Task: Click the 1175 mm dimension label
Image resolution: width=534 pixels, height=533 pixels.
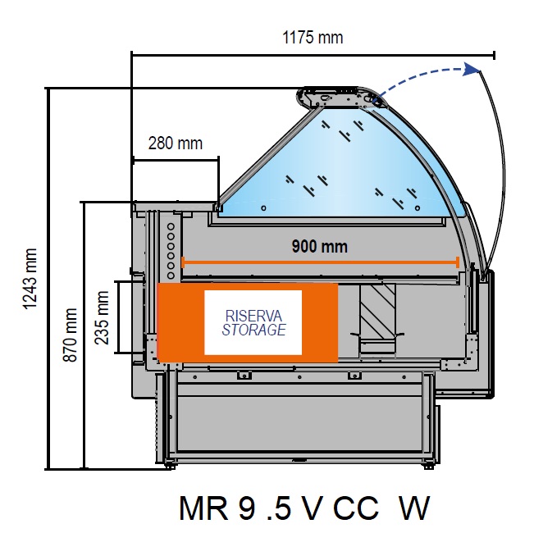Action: tap(313, 38)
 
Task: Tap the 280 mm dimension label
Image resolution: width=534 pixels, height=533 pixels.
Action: tap(175, 143)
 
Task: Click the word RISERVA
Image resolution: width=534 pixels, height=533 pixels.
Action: tap(253, 316)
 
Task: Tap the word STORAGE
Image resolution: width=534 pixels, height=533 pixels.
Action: tap(253, 330)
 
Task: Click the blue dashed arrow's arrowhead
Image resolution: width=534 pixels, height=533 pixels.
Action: tap(470, 70)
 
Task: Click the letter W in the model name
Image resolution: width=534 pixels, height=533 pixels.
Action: tap(413, 508)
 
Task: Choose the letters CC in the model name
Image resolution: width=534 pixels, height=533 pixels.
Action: tap(356, 508)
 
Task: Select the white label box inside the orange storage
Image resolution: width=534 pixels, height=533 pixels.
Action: tap(253, 322)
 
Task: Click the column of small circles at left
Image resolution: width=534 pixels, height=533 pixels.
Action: tap(171, 246)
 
